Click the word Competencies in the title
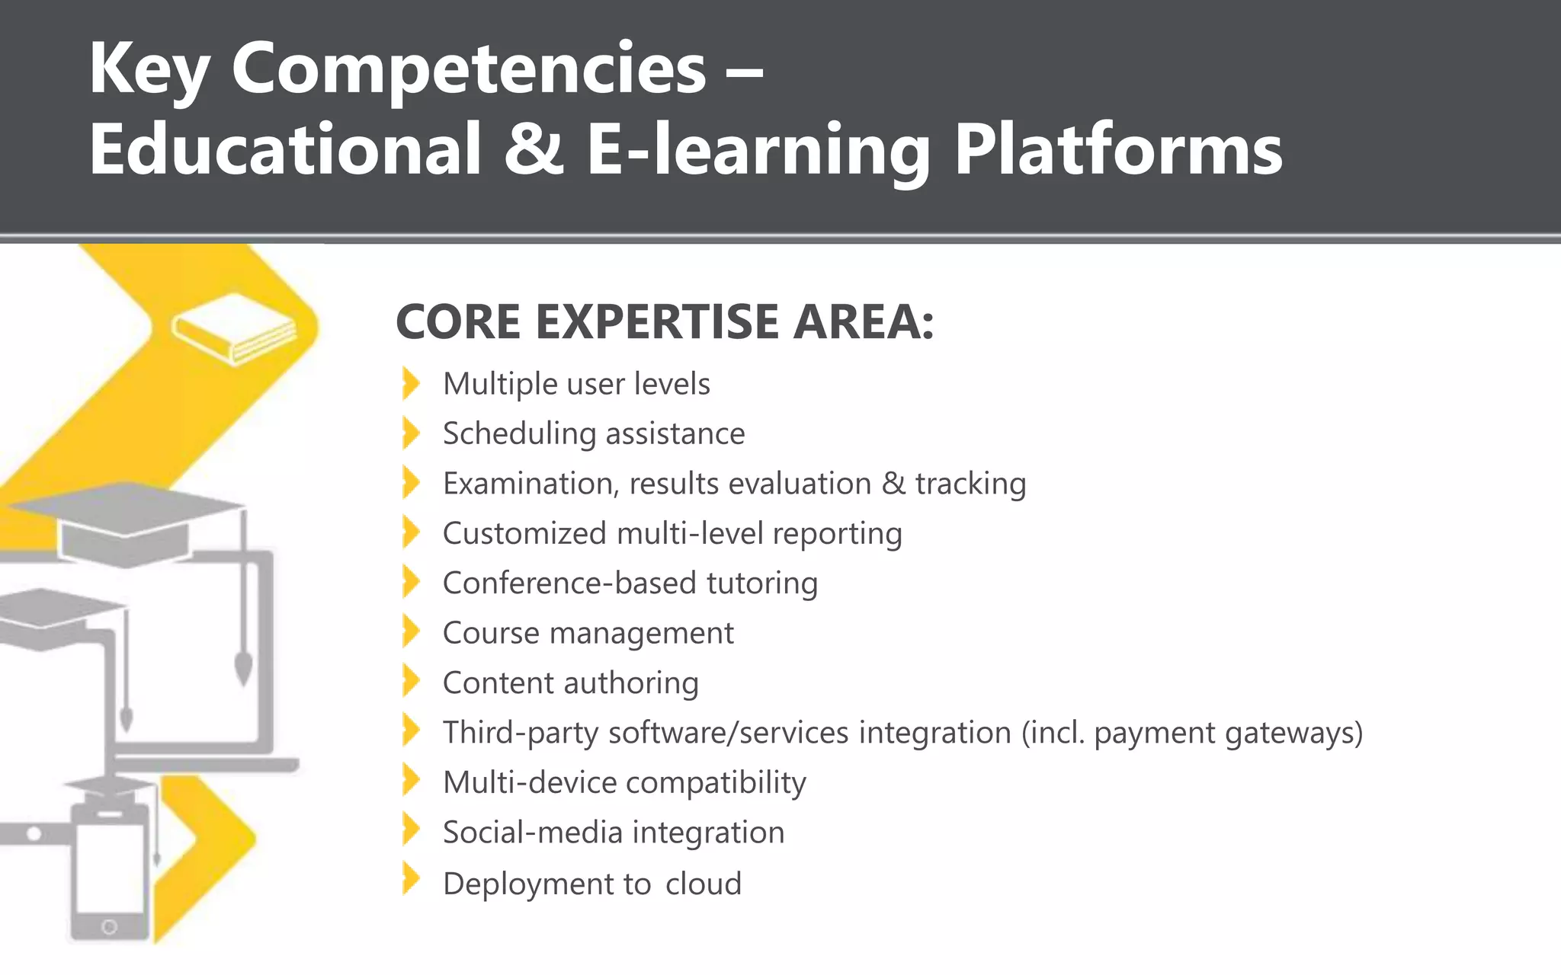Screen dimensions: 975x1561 coord(469,70)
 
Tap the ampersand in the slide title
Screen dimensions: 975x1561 coord(534,150)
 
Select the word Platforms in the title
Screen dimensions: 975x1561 coord(1118,150)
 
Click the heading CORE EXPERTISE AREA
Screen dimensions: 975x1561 coord(664,322)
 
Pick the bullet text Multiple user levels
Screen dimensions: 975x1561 coord(576,384)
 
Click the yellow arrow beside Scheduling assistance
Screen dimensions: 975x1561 coord(411,433)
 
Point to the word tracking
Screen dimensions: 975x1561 coord(970,484)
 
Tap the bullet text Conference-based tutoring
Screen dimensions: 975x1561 coord(630,583)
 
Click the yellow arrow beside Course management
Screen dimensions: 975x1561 coord(411,632)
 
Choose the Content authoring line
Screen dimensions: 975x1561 coord(570,683)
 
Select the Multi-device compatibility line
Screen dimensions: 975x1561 coord(624,783)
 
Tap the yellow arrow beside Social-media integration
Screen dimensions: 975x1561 coord(411,830)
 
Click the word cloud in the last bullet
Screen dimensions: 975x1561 coord(703,884)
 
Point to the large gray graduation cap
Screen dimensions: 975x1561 coord(126,522)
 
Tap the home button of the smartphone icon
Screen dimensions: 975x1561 coord(109,927)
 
